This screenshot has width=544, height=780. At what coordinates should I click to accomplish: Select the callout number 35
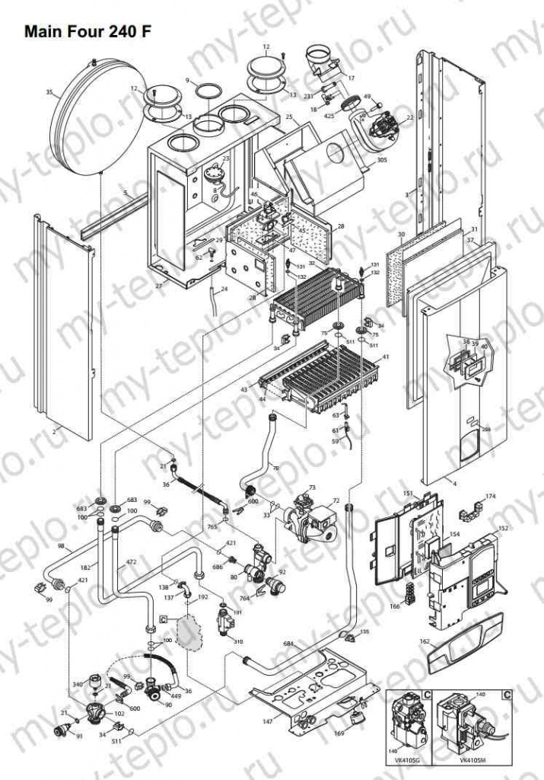click(49, 92)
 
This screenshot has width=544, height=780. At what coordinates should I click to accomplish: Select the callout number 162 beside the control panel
click(425, 642)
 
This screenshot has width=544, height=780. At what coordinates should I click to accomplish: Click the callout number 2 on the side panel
click(54, 432)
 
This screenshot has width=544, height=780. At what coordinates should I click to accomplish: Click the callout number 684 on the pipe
click(288, 644)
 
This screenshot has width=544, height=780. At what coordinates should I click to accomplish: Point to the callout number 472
click(131, 561)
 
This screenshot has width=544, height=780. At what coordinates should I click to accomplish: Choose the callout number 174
click(491, 496)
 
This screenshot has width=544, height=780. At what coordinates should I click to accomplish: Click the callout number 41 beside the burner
click(386, 356)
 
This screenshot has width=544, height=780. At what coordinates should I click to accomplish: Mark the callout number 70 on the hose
click(275, 467)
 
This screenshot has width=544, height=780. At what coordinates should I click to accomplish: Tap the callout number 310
click(238, 641)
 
